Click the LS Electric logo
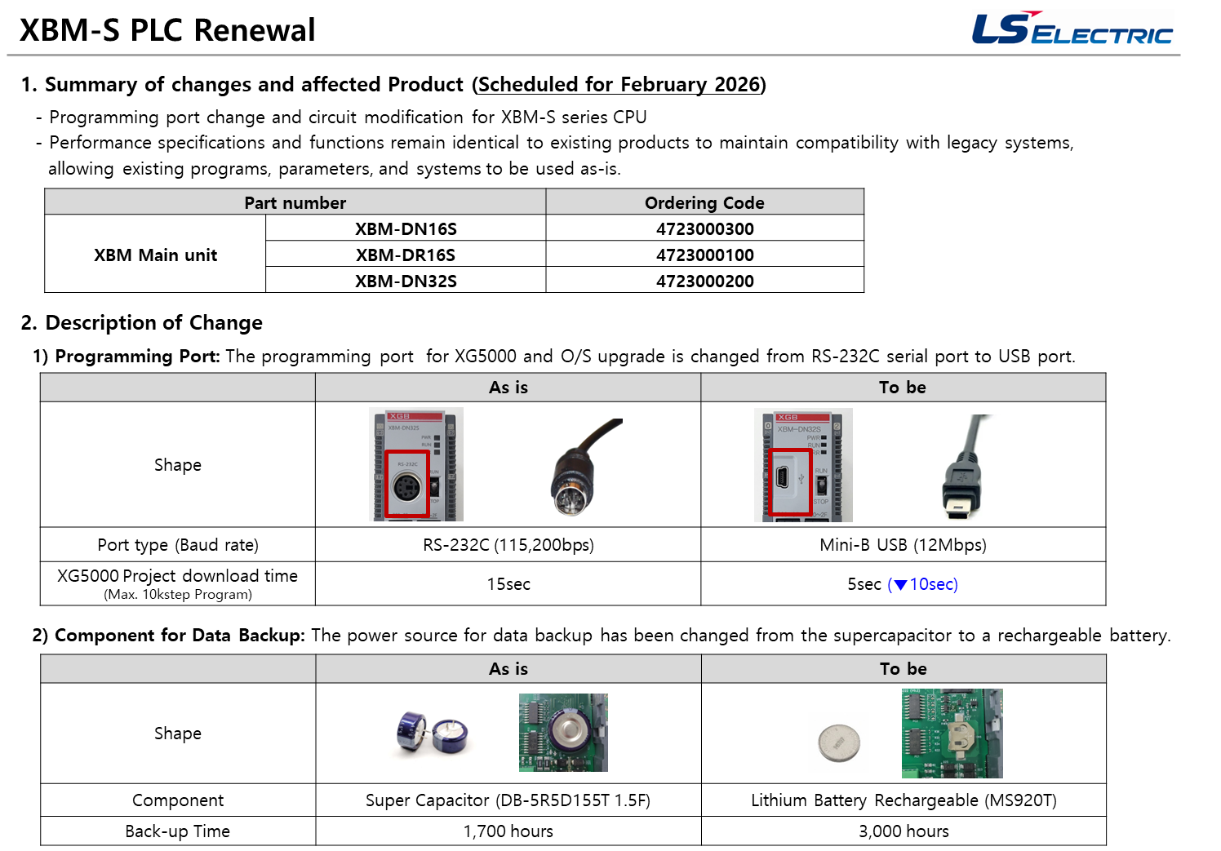coord(1072,29)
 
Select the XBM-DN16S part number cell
coord(406,228)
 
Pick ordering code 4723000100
coord(705,255)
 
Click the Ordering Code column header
coord(705,202)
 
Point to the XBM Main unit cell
coord(155,255)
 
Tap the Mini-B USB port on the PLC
coord(783,478)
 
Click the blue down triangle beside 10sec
coord(900,584)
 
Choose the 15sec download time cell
coord(508,584)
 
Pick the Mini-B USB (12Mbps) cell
coord(904,545)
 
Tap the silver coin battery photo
coord(839,742)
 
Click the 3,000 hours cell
coord(904,831)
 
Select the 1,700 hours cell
coord(508,831)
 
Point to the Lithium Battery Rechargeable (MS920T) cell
coord(904,800)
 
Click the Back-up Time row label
coord(178,831)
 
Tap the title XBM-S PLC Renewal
coord(167,30)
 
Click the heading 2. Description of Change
coord(142,322)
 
